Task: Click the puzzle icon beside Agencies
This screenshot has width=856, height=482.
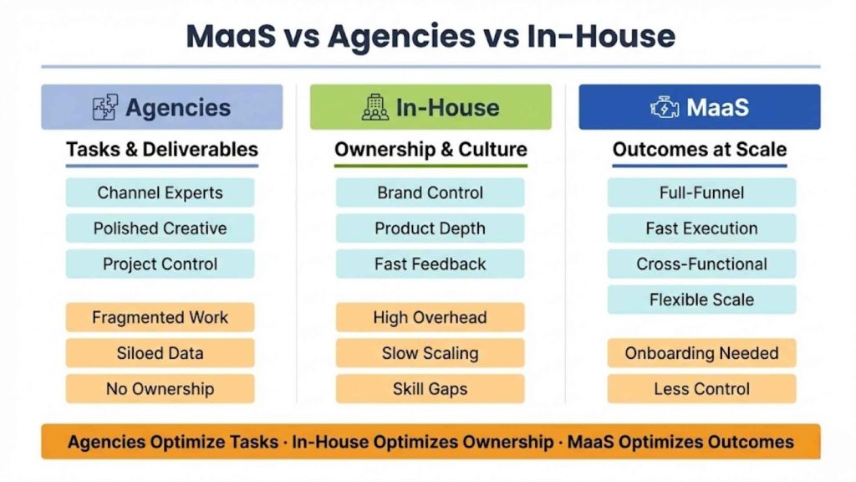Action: (105, 107)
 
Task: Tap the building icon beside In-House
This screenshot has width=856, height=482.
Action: (375, 107)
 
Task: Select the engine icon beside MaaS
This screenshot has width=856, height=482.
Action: (665, 107)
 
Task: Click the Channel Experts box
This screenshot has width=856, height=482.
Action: (160, 192)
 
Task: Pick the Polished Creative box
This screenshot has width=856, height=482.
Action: (160, 228)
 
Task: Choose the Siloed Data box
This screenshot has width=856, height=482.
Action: (160, 353)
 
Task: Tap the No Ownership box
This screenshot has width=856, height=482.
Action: (160, 389)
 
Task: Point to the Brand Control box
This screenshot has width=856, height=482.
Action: (430, 192)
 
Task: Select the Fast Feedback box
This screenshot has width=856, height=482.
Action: (430, 264)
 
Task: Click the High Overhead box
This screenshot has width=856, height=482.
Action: (430, 317)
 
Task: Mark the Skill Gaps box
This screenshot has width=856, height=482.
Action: (430, 389)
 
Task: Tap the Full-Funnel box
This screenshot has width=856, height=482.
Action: (701, 192)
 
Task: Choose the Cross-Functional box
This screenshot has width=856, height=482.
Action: (701, 264)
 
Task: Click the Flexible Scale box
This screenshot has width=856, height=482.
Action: (701, 300)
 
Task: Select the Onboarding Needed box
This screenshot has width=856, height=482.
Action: (701, 353)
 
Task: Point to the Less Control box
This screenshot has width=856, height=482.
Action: (701, 389)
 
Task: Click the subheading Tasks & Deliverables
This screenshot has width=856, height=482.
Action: (162, 150)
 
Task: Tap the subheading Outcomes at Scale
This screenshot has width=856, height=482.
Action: (700, 150)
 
